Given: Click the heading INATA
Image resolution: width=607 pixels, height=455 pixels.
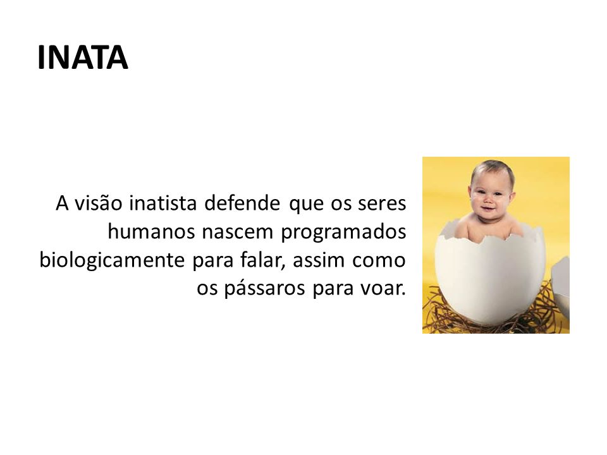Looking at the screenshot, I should [x=83, y=58].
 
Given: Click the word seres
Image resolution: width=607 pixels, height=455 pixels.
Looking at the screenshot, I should [x=385, y=205].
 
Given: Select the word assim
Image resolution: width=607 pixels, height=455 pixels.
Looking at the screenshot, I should [x=314, y=260].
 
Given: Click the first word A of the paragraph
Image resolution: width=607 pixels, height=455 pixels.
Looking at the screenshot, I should [x=62, y=205].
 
